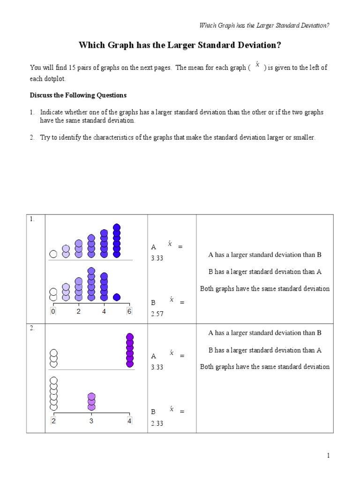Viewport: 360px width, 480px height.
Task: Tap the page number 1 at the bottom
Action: (329, 456)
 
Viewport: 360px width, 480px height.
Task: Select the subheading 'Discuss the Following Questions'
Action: (78, 95)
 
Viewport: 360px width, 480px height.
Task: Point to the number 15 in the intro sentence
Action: (72, 67)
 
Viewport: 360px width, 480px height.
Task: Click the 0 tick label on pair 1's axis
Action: (53, 311)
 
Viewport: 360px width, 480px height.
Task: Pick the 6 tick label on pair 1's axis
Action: (129, 311)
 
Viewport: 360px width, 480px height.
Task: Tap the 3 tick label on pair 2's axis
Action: (91, 421)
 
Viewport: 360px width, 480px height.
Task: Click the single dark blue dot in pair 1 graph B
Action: (117, 297)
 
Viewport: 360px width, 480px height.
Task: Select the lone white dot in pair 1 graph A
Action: (53, 254)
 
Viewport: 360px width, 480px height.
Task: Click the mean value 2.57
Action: (157, 314)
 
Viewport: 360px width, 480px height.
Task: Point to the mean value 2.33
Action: (157, 423)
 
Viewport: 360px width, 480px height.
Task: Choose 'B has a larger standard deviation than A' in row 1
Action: (264, 271)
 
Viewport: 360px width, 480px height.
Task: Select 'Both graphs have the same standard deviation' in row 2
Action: (264, 367)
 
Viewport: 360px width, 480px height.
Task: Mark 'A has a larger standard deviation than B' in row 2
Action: (264, 333)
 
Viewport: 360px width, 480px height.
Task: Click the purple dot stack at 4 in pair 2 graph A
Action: (130, 350)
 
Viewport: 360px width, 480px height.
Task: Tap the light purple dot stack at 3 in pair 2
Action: (91, 402)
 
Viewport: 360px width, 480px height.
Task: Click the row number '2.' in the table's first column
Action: (32, 328)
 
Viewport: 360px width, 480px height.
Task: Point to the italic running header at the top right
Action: (264, 25)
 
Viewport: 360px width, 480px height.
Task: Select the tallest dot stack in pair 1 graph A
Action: (117, 240)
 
